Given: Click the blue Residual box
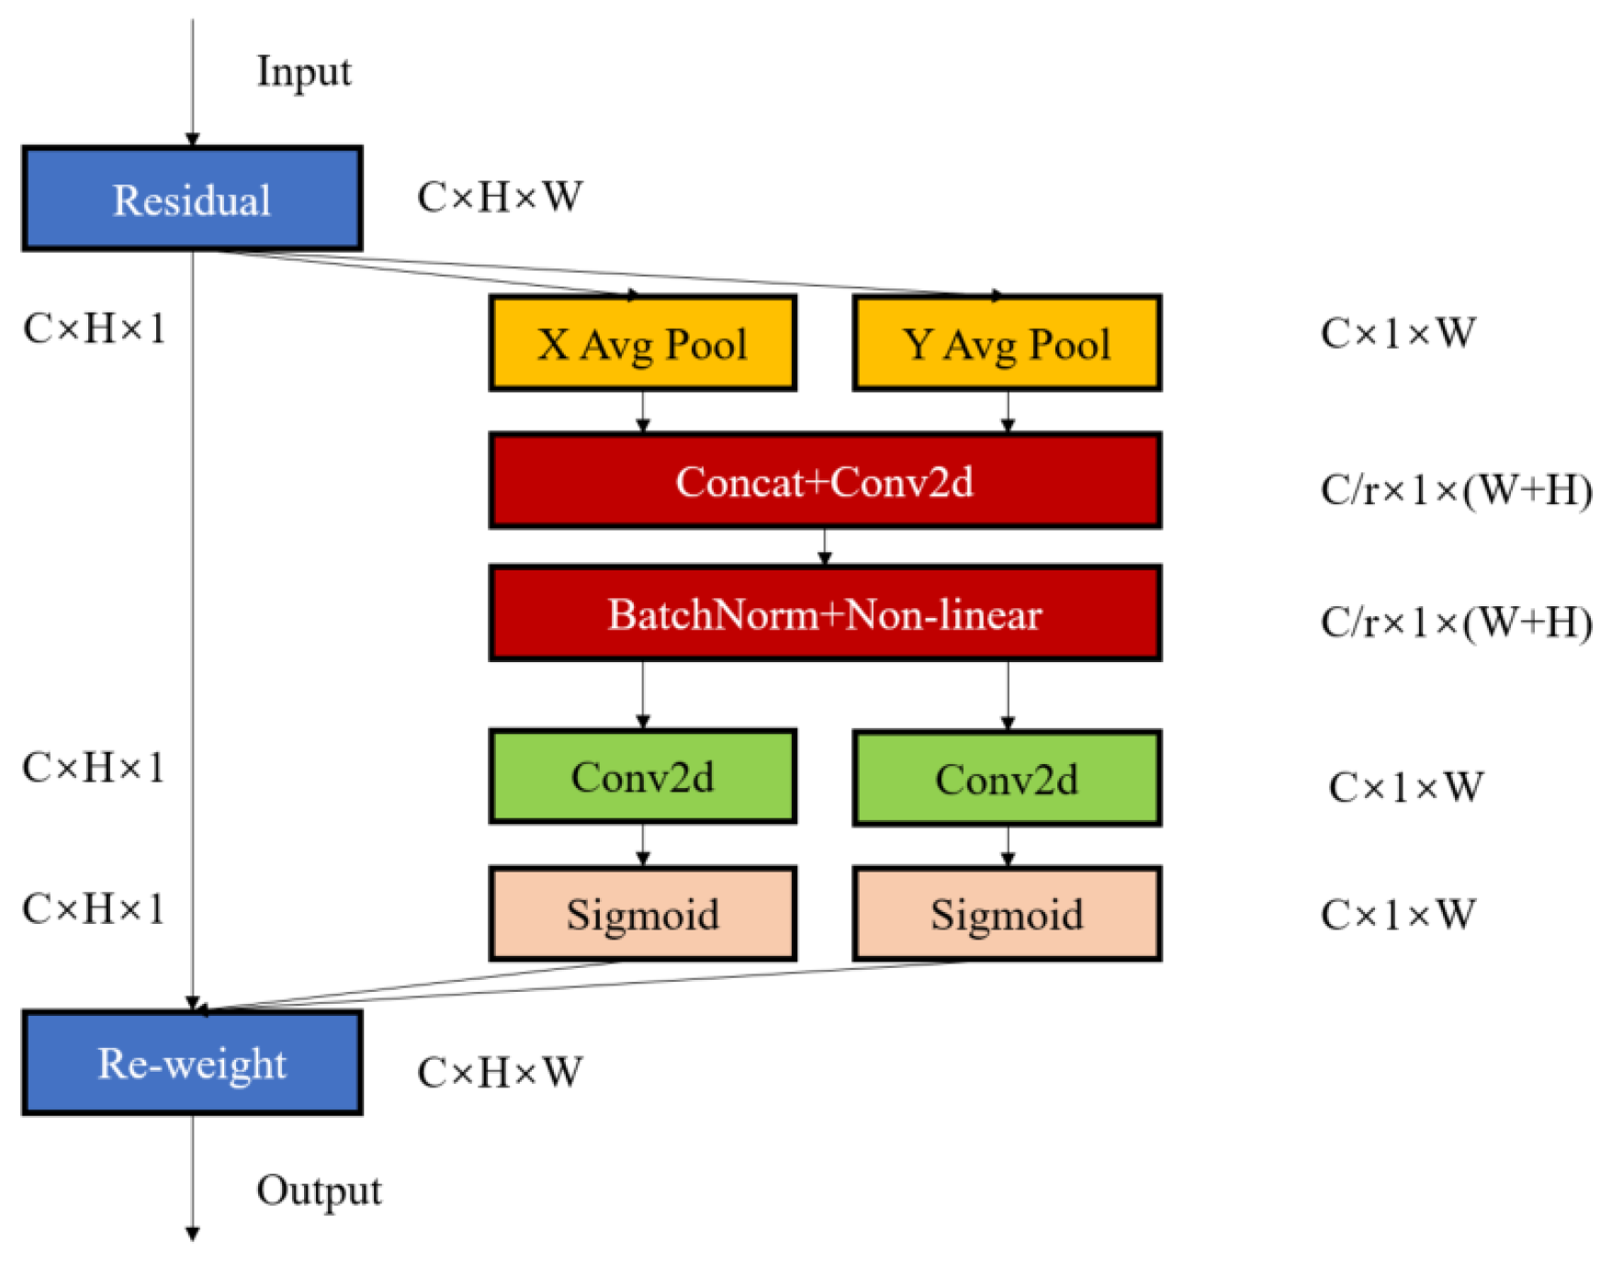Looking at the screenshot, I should (192, 198).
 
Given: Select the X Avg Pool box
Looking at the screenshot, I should (642, 343).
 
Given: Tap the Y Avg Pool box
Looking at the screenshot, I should (1007, 343).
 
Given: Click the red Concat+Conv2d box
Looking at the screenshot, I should (825, 481).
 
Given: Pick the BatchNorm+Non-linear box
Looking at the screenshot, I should (825, 614).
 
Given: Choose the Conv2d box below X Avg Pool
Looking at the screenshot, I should (642, 777).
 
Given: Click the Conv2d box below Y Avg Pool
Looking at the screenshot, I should (1007, 779).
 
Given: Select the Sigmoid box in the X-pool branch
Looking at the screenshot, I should (642, 914).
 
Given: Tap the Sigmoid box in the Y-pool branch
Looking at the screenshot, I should (1007, 914).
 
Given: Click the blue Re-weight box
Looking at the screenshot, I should (192, 1063).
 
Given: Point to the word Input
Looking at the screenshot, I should (303, 72).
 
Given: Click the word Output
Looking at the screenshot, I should (319, 1190).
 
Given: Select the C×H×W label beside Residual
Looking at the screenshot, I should (500, 197).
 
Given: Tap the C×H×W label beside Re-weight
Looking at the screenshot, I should (500, 1072).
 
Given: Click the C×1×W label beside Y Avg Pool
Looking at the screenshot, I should (1397, 332).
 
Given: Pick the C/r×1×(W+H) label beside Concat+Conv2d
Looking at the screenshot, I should (1456, 490).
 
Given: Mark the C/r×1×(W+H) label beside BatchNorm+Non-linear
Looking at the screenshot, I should (1456, 623).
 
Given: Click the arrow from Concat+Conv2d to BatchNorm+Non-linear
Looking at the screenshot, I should (825, 546).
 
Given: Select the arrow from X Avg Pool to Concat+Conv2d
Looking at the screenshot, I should (643, 411).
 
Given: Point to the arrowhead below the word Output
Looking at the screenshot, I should (193, 1233).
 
